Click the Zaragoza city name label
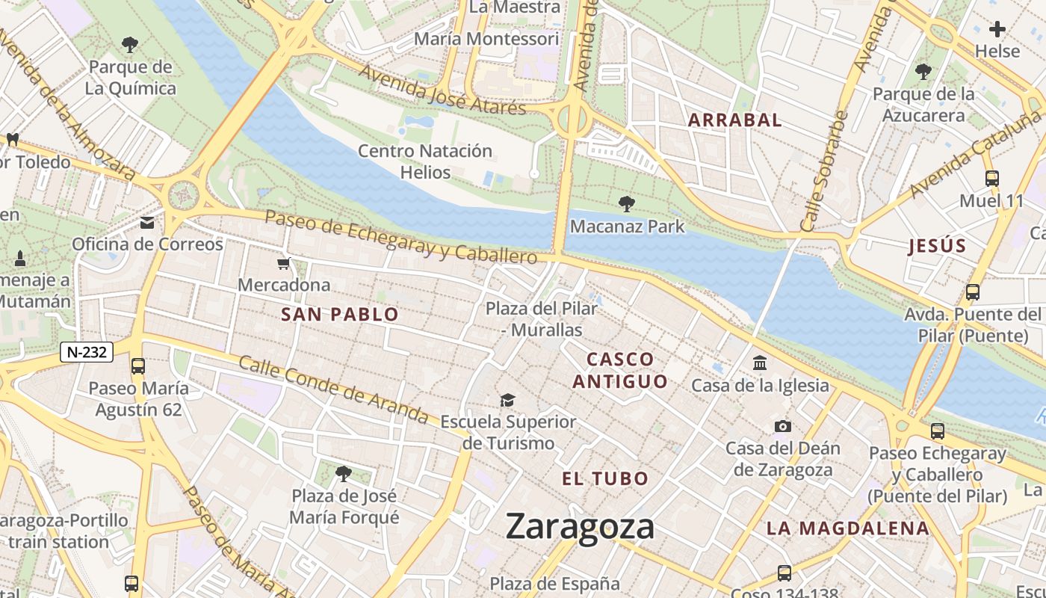tap(580, 526)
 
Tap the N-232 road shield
tap(86, 352)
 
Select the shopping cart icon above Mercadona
tap(284, 263)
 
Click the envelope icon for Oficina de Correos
tap(147, 223)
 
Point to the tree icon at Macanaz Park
tap(626, 203)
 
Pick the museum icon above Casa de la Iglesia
tap(760, 363)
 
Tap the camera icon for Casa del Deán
tap(782, 426)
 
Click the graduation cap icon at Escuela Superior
tap(508, 400)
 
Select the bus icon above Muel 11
tap(991, 179)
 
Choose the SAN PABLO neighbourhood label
tap(340, 315)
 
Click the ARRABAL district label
tap(734, 120)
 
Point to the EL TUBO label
tap(605, 478)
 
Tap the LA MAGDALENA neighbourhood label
tap(847, 528)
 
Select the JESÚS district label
tap(937, 246)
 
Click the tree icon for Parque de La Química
tap(130, 45)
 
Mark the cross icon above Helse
tap(997, 29)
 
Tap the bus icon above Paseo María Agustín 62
tap(138, 366)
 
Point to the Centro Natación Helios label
tap(425, 161)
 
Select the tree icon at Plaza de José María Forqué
tap(344, 473)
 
